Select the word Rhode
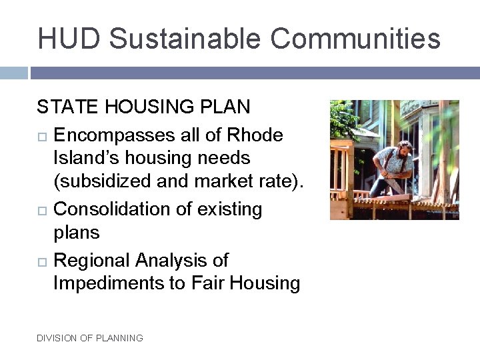click(x=255, y=135)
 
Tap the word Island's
click(x=83, y=159)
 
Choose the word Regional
click(x=93, y=260)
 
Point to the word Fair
click(x=207, y=283)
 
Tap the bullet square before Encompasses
click(x=41, y=136)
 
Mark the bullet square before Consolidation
click(x=41, y=210)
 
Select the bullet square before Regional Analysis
click(x=41, y=261)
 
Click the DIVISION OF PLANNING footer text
click(x=90, y=338)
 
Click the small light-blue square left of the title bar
click(x=13, y=73)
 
